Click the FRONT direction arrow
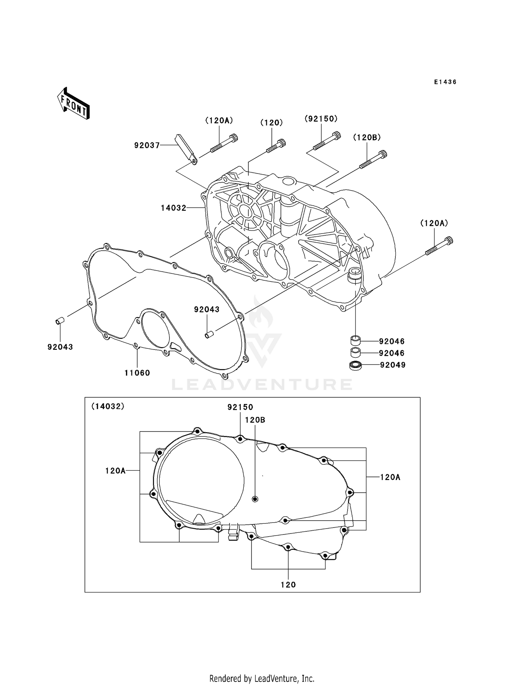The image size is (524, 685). coord(74,104)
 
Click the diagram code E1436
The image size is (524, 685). coord(445,82)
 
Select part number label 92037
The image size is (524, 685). coord(147,145)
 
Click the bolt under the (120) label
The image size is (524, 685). coord(276,146)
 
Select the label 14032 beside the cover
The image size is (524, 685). coord(174,208)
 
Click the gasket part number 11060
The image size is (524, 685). coord(137,373)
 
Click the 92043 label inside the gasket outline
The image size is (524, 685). coord(207,309)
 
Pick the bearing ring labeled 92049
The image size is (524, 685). coord(355,366)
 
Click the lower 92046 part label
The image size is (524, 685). coord(392,353)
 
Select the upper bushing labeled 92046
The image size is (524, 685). coord(355,339)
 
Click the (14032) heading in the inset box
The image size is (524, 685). coord(108,406)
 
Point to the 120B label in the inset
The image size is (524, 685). coord(255,420)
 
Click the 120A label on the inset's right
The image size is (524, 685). coord(390,477)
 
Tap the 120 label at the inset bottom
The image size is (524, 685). coord(288,585)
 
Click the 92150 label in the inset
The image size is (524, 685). coord(240,407)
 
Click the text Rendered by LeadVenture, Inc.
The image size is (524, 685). coord(262,678)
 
